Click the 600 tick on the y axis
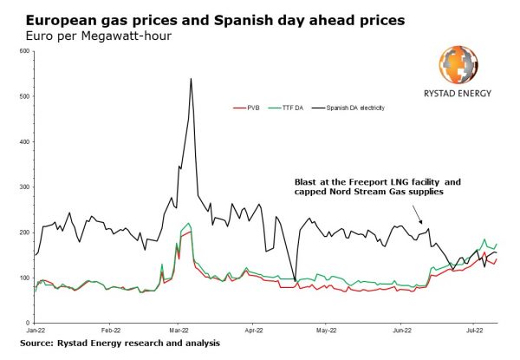[24, 51]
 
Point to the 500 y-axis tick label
[24, 96]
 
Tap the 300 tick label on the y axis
[24, 187]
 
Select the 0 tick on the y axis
[28, 323]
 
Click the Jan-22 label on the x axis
[36, 331]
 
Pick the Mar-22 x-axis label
[179, 331]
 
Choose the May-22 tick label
[326, 331]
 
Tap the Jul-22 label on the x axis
[473, 331]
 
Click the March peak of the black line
[191, 79]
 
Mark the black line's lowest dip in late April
[295, 282]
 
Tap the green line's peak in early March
[189, 223]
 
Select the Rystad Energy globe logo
[459, 65]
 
